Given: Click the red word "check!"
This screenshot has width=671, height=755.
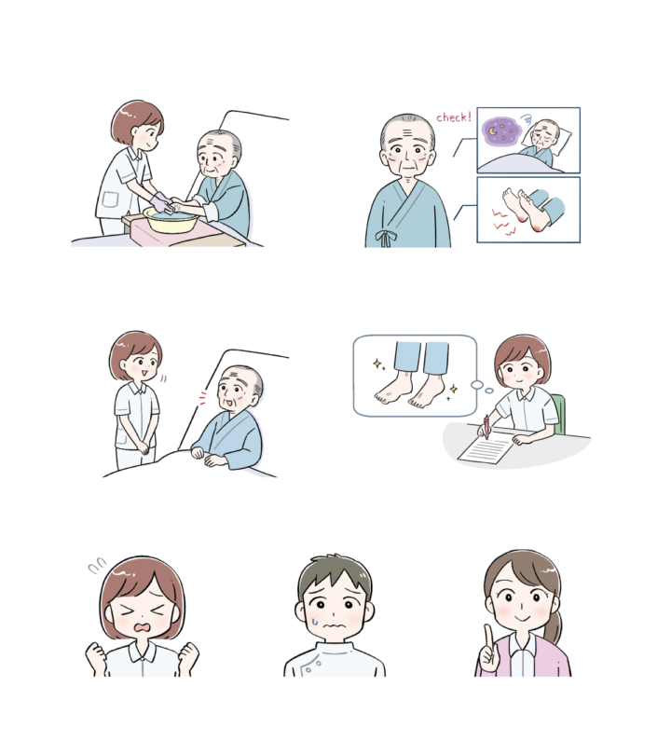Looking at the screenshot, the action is point(454,117).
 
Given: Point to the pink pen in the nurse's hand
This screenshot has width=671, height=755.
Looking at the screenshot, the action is point(486,427).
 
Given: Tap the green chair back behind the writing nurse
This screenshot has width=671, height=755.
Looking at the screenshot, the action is point(558,414).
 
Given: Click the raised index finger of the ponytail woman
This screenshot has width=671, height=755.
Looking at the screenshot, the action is point(488,636).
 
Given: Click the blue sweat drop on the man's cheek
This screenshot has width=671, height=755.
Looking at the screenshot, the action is point(315,621).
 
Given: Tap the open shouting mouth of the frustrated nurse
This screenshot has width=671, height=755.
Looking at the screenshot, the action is point(144,628).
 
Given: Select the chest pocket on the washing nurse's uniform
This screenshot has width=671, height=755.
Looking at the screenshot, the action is point(110,199).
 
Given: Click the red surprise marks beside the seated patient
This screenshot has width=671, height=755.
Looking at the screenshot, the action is point(202,397).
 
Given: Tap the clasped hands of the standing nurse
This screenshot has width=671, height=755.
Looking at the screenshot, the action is point(143,447).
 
